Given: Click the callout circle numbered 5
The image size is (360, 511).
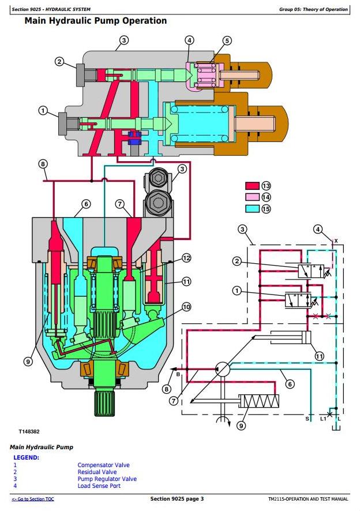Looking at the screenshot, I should click(x=227, y=40).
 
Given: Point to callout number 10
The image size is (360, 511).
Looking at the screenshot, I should click(x=186, y=307).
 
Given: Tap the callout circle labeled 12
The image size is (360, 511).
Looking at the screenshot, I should click(x=186, y=258).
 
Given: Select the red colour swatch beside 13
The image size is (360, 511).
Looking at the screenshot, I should click(x=253, y=186).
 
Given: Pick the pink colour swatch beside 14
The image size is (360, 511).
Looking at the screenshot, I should click(x=253, y=197).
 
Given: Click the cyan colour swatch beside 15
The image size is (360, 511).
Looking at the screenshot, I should click(x=253, y=209).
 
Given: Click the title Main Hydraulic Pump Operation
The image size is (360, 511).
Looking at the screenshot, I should click(x=95, y=21).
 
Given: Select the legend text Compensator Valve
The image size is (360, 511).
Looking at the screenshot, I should click(x=103, y=465).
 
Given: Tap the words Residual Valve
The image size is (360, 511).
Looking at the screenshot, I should click(x=97, y=472).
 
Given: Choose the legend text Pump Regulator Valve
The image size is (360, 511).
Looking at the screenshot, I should click(x=107, y=479).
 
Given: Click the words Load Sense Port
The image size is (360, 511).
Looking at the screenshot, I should click(x=99, y=486).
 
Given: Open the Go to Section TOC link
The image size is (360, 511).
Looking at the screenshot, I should click(x=33, y=499).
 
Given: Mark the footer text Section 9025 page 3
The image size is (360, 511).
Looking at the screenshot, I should click(x=177, y=499).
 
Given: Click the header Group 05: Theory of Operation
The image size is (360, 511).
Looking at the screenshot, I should click(x=313, y=9).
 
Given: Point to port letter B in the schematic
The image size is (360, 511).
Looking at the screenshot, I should click(x=178, y=374).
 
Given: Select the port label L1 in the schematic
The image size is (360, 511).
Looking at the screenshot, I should click(x=322, y=419).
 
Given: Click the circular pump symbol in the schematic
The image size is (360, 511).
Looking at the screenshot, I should click(x=222, y=368).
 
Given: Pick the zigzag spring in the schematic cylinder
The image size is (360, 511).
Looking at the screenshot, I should click(x=261, y=401).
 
